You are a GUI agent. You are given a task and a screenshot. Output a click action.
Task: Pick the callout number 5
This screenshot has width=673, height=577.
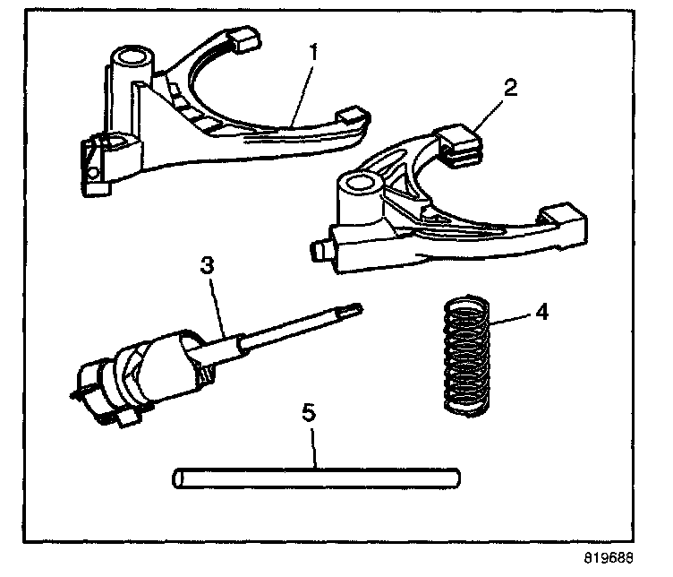309,413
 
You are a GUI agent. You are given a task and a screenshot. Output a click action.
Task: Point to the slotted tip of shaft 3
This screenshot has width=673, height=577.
354,309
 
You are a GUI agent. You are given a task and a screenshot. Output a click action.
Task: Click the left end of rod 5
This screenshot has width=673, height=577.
176,478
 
